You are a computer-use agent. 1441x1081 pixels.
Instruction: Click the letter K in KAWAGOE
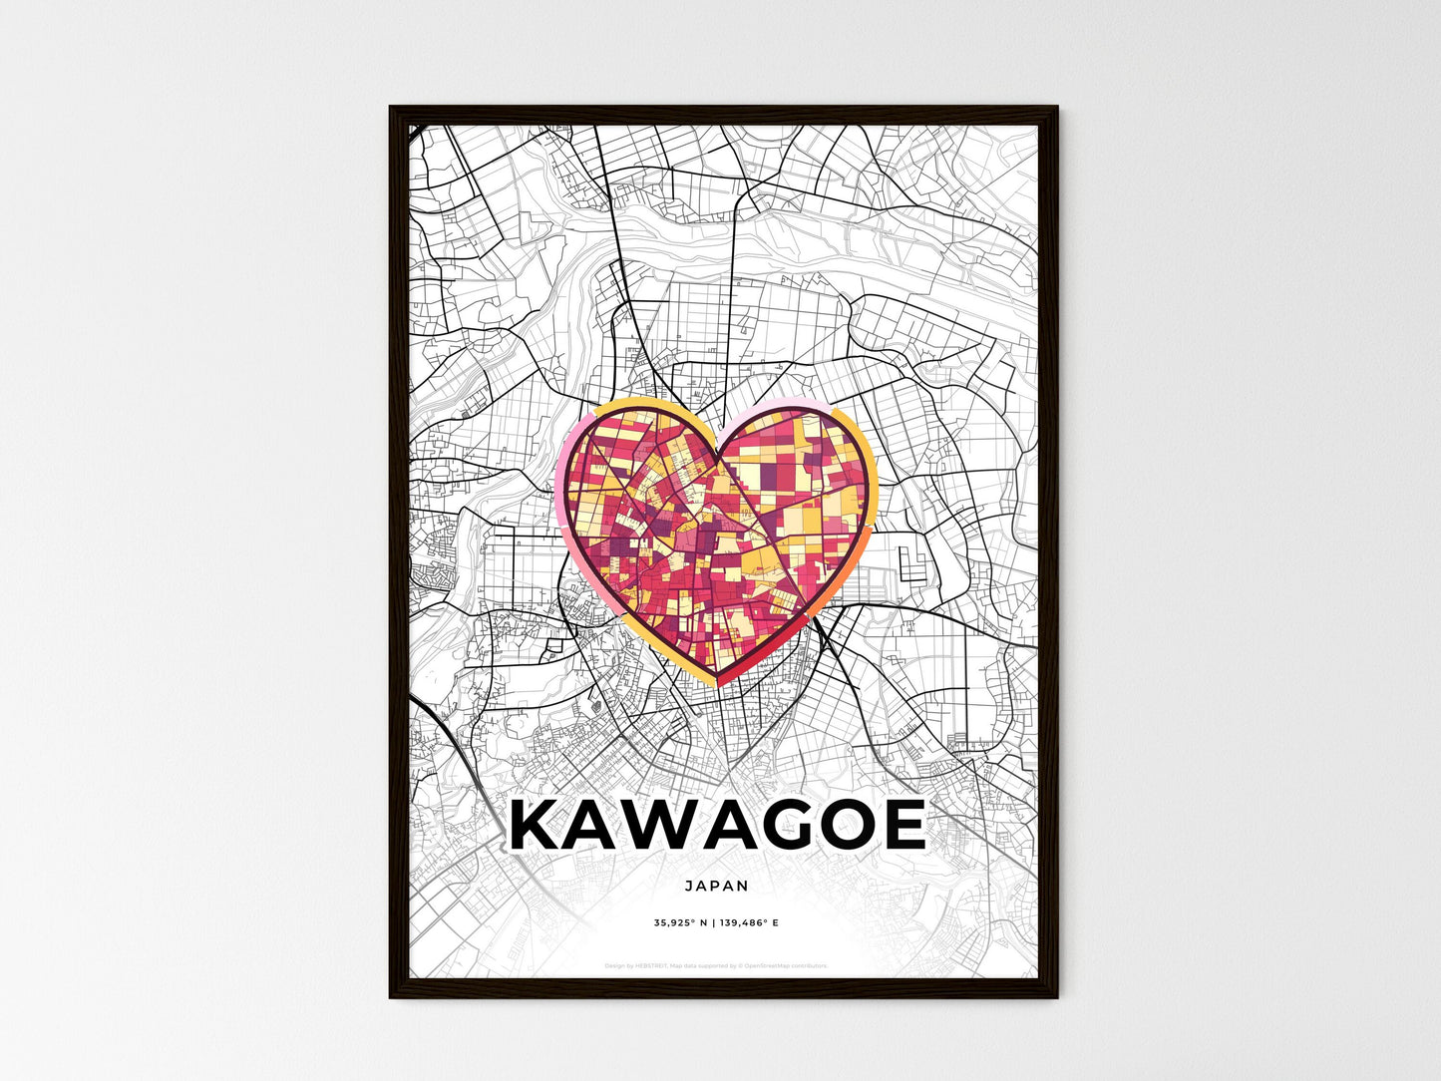pos(539,826)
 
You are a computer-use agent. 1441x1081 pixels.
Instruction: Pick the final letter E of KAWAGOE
pos(904,826)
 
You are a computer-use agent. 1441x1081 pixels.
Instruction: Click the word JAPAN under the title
pos(717,885)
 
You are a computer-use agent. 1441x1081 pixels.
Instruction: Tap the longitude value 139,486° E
pos(748,922)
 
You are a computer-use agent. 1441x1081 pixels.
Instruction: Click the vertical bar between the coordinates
pos(714,922)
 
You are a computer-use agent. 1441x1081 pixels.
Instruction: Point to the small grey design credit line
pos(717,965)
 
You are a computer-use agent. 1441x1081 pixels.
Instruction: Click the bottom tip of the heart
pos(718,684)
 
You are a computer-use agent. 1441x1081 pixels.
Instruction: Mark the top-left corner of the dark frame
pos(391,108)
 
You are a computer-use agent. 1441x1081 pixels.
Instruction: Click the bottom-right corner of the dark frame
pos(1056,996)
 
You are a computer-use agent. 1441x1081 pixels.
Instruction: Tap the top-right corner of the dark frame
pos(1056,108)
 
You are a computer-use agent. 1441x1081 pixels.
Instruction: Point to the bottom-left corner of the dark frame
pos(391,996)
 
